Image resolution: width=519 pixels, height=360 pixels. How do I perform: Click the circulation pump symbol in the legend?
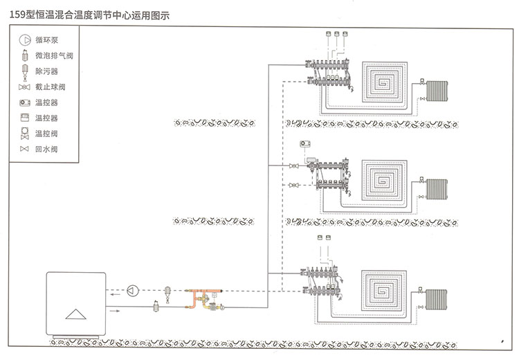click(x=25, y=40)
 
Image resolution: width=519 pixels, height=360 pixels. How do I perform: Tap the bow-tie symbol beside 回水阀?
click(x=25, y=149)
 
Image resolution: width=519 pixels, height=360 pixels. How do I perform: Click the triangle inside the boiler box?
click(x=74, y=314)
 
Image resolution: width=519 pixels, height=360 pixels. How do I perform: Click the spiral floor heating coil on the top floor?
click(x=387, y=82)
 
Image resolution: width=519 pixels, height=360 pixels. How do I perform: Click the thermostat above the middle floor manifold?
click(x=305, y=145)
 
